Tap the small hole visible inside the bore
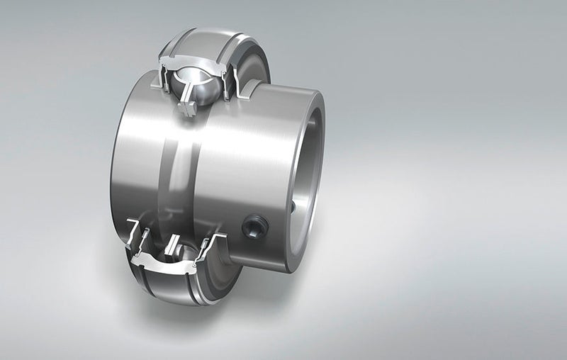(293, 207)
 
